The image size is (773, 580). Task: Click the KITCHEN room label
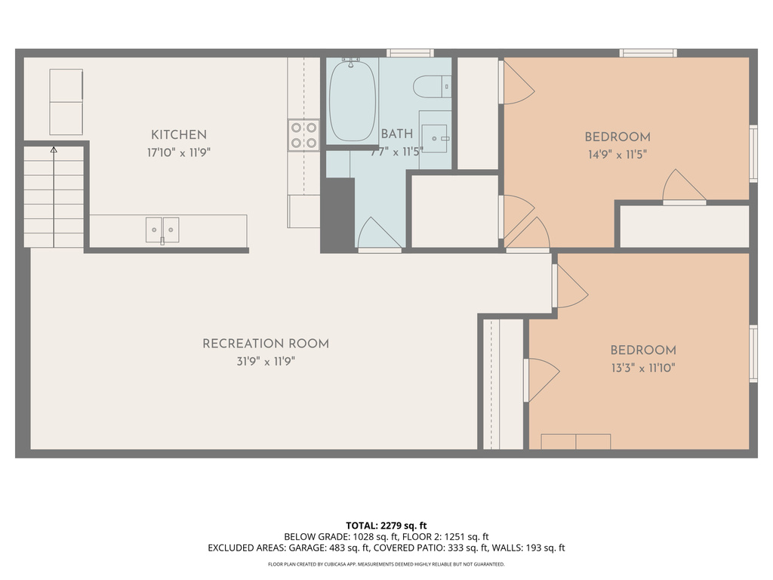(179, 135)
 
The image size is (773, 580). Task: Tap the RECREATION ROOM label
(265, 344)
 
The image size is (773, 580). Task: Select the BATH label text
(396, 134)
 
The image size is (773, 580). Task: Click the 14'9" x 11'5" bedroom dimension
(617, 154)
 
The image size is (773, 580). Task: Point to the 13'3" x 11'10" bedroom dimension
(642, 368)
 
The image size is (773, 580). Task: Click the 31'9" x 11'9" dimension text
(265, 362)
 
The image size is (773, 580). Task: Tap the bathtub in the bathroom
(353, 100)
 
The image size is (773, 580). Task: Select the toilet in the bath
(432, 87)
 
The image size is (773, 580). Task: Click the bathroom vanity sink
(435, 138)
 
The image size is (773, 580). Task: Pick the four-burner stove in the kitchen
(303, 135)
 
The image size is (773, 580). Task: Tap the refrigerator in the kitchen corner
(66, 102)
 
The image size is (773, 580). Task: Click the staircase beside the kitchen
(54, 198)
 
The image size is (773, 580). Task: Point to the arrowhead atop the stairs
(54, 150)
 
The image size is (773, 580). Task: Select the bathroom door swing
(378, 234)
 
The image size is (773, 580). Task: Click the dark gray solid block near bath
(337, 214)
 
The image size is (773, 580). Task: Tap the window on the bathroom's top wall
(410, 53)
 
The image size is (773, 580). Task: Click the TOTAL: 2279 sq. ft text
(386, 526)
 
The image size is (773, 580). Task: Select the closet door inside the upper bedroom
(683, 187)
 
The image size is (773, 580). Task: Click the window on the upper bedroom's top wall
(648, 53)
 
